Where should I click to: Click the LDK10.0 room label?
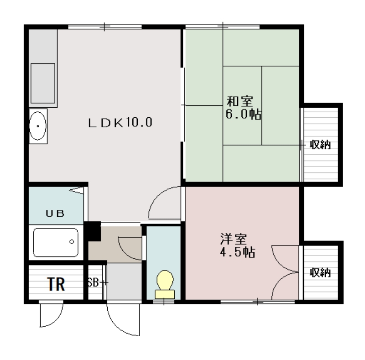(120, 123)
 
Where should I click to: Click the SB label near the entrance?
(94, 282)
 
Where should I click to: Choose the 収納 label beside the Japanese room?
(320, 145)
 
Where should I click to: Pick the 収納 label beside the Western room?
(320, 272)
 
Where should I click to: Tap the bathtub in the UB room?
(56, 242)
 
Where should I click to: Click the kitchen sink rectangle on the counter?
(42, 83)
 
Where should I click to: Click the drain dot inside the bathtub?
(72, 240)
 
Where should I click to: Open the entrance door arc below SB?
(122, 319)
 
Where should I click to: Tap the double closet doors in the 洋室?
(285, 272)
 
